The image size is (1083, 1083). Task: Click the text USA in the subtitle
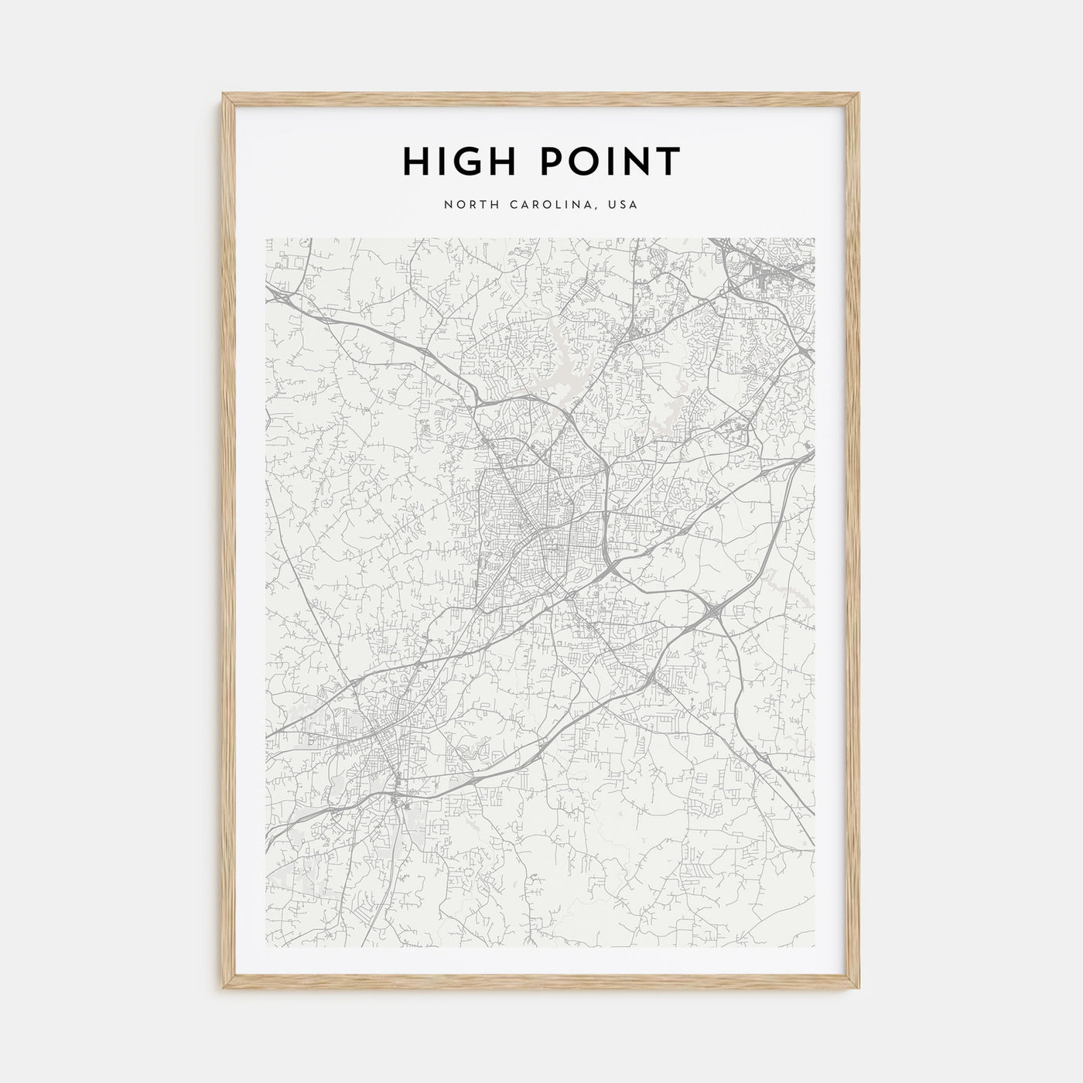click(x=623, y=205)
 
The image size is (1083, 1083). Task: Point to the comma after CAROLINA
click(x=601, y=209)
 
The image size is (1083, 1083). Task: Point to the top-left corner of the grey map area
click(x=266, y=238)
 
